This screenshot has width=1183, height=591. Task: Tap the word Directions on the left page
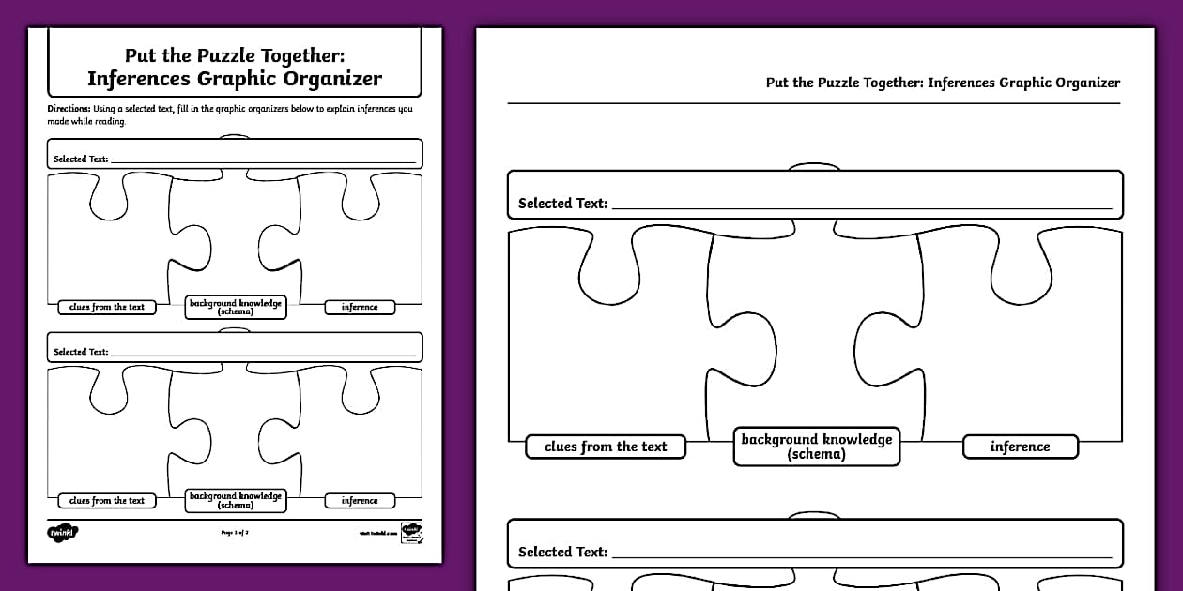point(69,109)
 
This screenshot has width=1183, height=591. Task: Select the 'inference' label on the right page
point(1020,447)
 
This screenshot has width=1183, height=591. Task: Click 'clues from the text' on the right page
point(606,447)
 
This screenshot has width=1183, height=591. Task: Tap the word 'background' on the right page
point(778,439)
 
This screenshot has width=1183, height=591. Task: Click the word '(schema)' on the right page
point(817,455)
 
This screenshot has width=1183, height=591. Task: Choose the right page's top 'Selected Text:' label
point(562,203)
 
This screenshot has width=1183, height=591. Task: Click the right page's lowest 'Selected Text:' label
point(562,552)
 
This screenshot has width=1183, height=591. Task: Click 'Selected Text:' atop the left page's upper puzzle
point(81,159)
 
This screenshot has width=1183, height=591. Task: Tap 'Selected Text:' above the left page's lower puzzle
point(81,352)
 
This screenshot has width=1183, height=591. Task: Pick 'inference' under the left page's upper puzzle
point(360,307)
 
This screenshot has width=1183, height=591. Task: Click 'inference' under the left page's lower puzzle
point(360,501)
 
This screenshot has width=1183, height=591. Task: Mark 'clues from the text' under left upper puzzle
point(107,307)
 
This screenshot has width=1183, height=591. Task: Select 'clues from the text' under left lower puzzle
point(107,501)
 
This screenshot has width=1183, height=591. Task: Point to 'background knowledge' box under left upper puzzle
point(235,307)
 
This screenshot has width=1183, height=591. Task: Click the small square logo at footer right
point(411,532)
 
